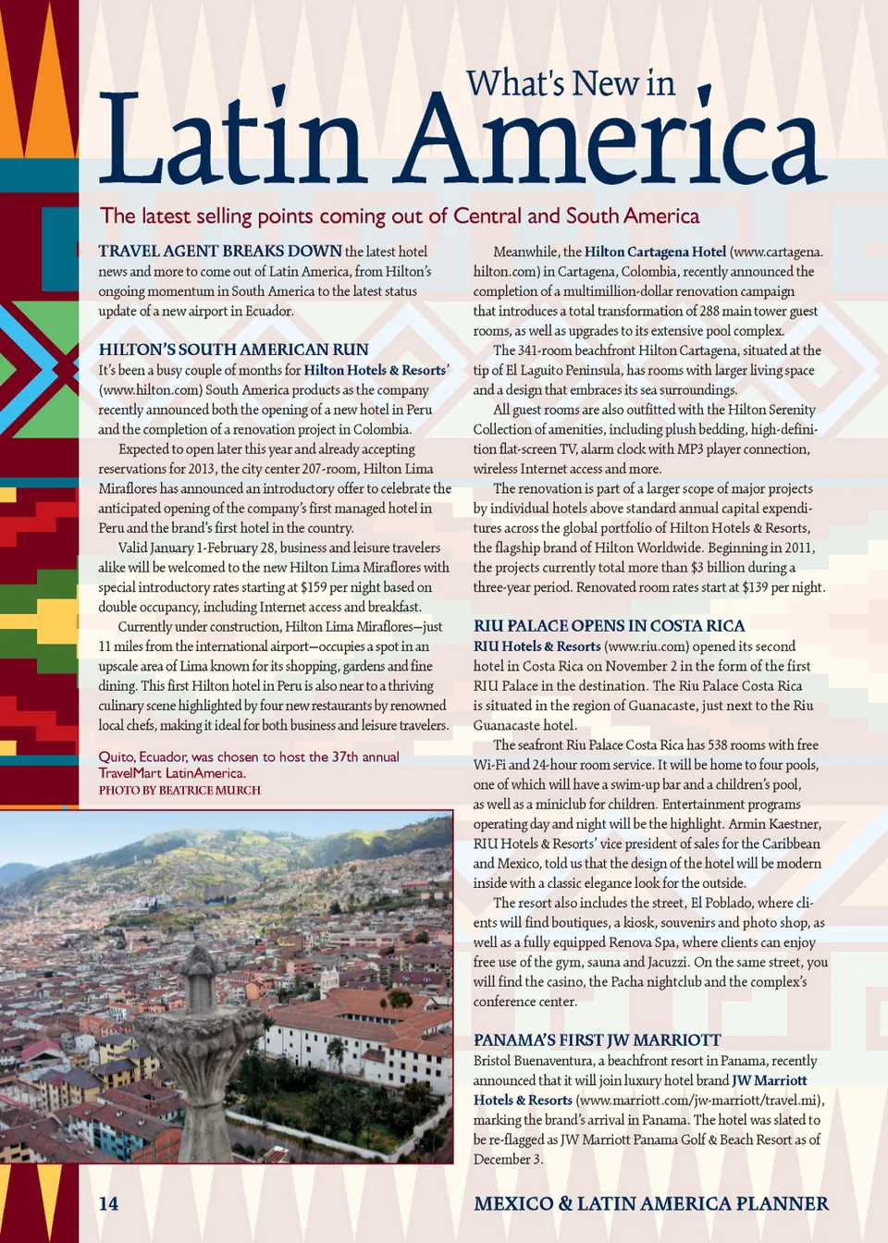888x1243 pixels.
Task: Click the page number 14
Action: [108, 1203]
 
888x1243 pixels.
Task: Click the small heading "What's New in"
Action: [570, 84]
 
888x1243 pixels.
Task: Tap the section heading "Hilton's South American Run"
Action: [233, 350]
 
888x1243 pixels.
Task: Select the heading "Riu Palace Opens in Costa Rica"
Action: [609, 626]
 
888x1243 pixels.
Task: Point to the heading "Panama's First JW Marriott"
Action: [597, 1040]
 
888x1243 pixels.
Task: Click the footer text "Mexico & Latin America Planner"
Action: [651, 1203]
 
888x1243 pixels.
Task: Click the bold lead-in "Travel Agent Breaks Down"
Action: [220, 252]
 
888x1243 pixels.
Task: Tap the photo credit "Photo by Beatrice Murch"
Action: [179, 791]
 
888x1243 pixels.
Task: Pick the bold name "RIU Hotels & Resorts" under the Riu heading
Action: [536, 646]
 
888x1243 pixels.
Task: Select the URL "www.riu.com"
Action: [645, 646]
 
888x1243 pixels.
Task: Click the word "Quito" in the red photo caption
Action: [116, 757]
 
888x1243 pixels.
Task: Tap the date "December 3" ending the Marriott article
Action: [507, 1160]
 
